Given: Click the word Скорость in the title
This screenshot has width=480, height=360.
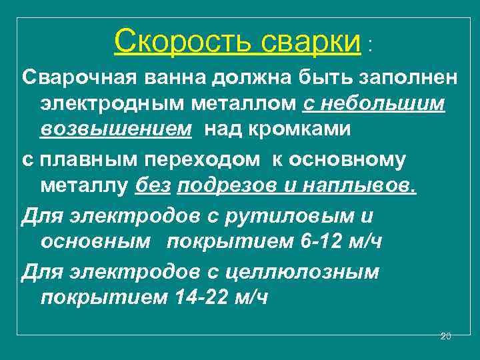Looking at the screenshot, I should tap(182, 42).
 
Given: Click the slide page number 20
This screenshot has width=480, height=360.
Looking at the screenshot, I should tap(446, 336).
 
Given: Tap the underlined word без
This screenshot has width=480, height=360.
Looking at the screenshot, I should tap(153, 187).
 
